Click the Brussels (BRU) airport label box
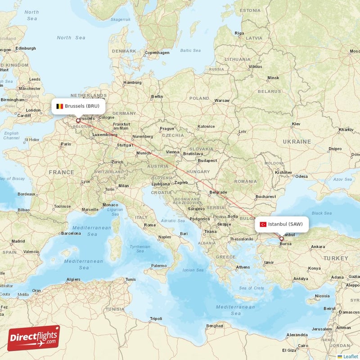click(x=79, y=106)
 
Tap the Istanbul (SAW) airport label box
click(x=282, y=224)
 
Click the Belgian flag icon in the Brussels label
click(x=59, y=107)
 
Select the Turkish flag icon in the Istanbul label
click(x=263, y=224)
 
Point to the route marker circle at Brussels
click(x=78, y=121)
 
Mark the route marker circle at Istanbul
click(x=281, y=239)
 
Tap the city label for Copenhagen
click(x=157, y=53)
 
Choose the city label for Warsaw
click(x=222, y=100)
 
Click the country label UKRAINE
click(x=297, y=141)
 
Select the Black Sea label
click(x=321, y=213)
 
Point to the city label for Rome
click(x=149, y=225)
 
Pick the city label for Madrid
click(x=18, y=241)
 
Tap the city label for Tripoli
click(x=156, y=318)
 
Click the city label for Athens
click(x=243, y=267)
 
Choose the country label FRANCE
click(x=61, y=172)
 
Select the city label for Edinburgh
click(x=25, y=48)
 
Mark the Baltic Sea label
click(x=190, y=50)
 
